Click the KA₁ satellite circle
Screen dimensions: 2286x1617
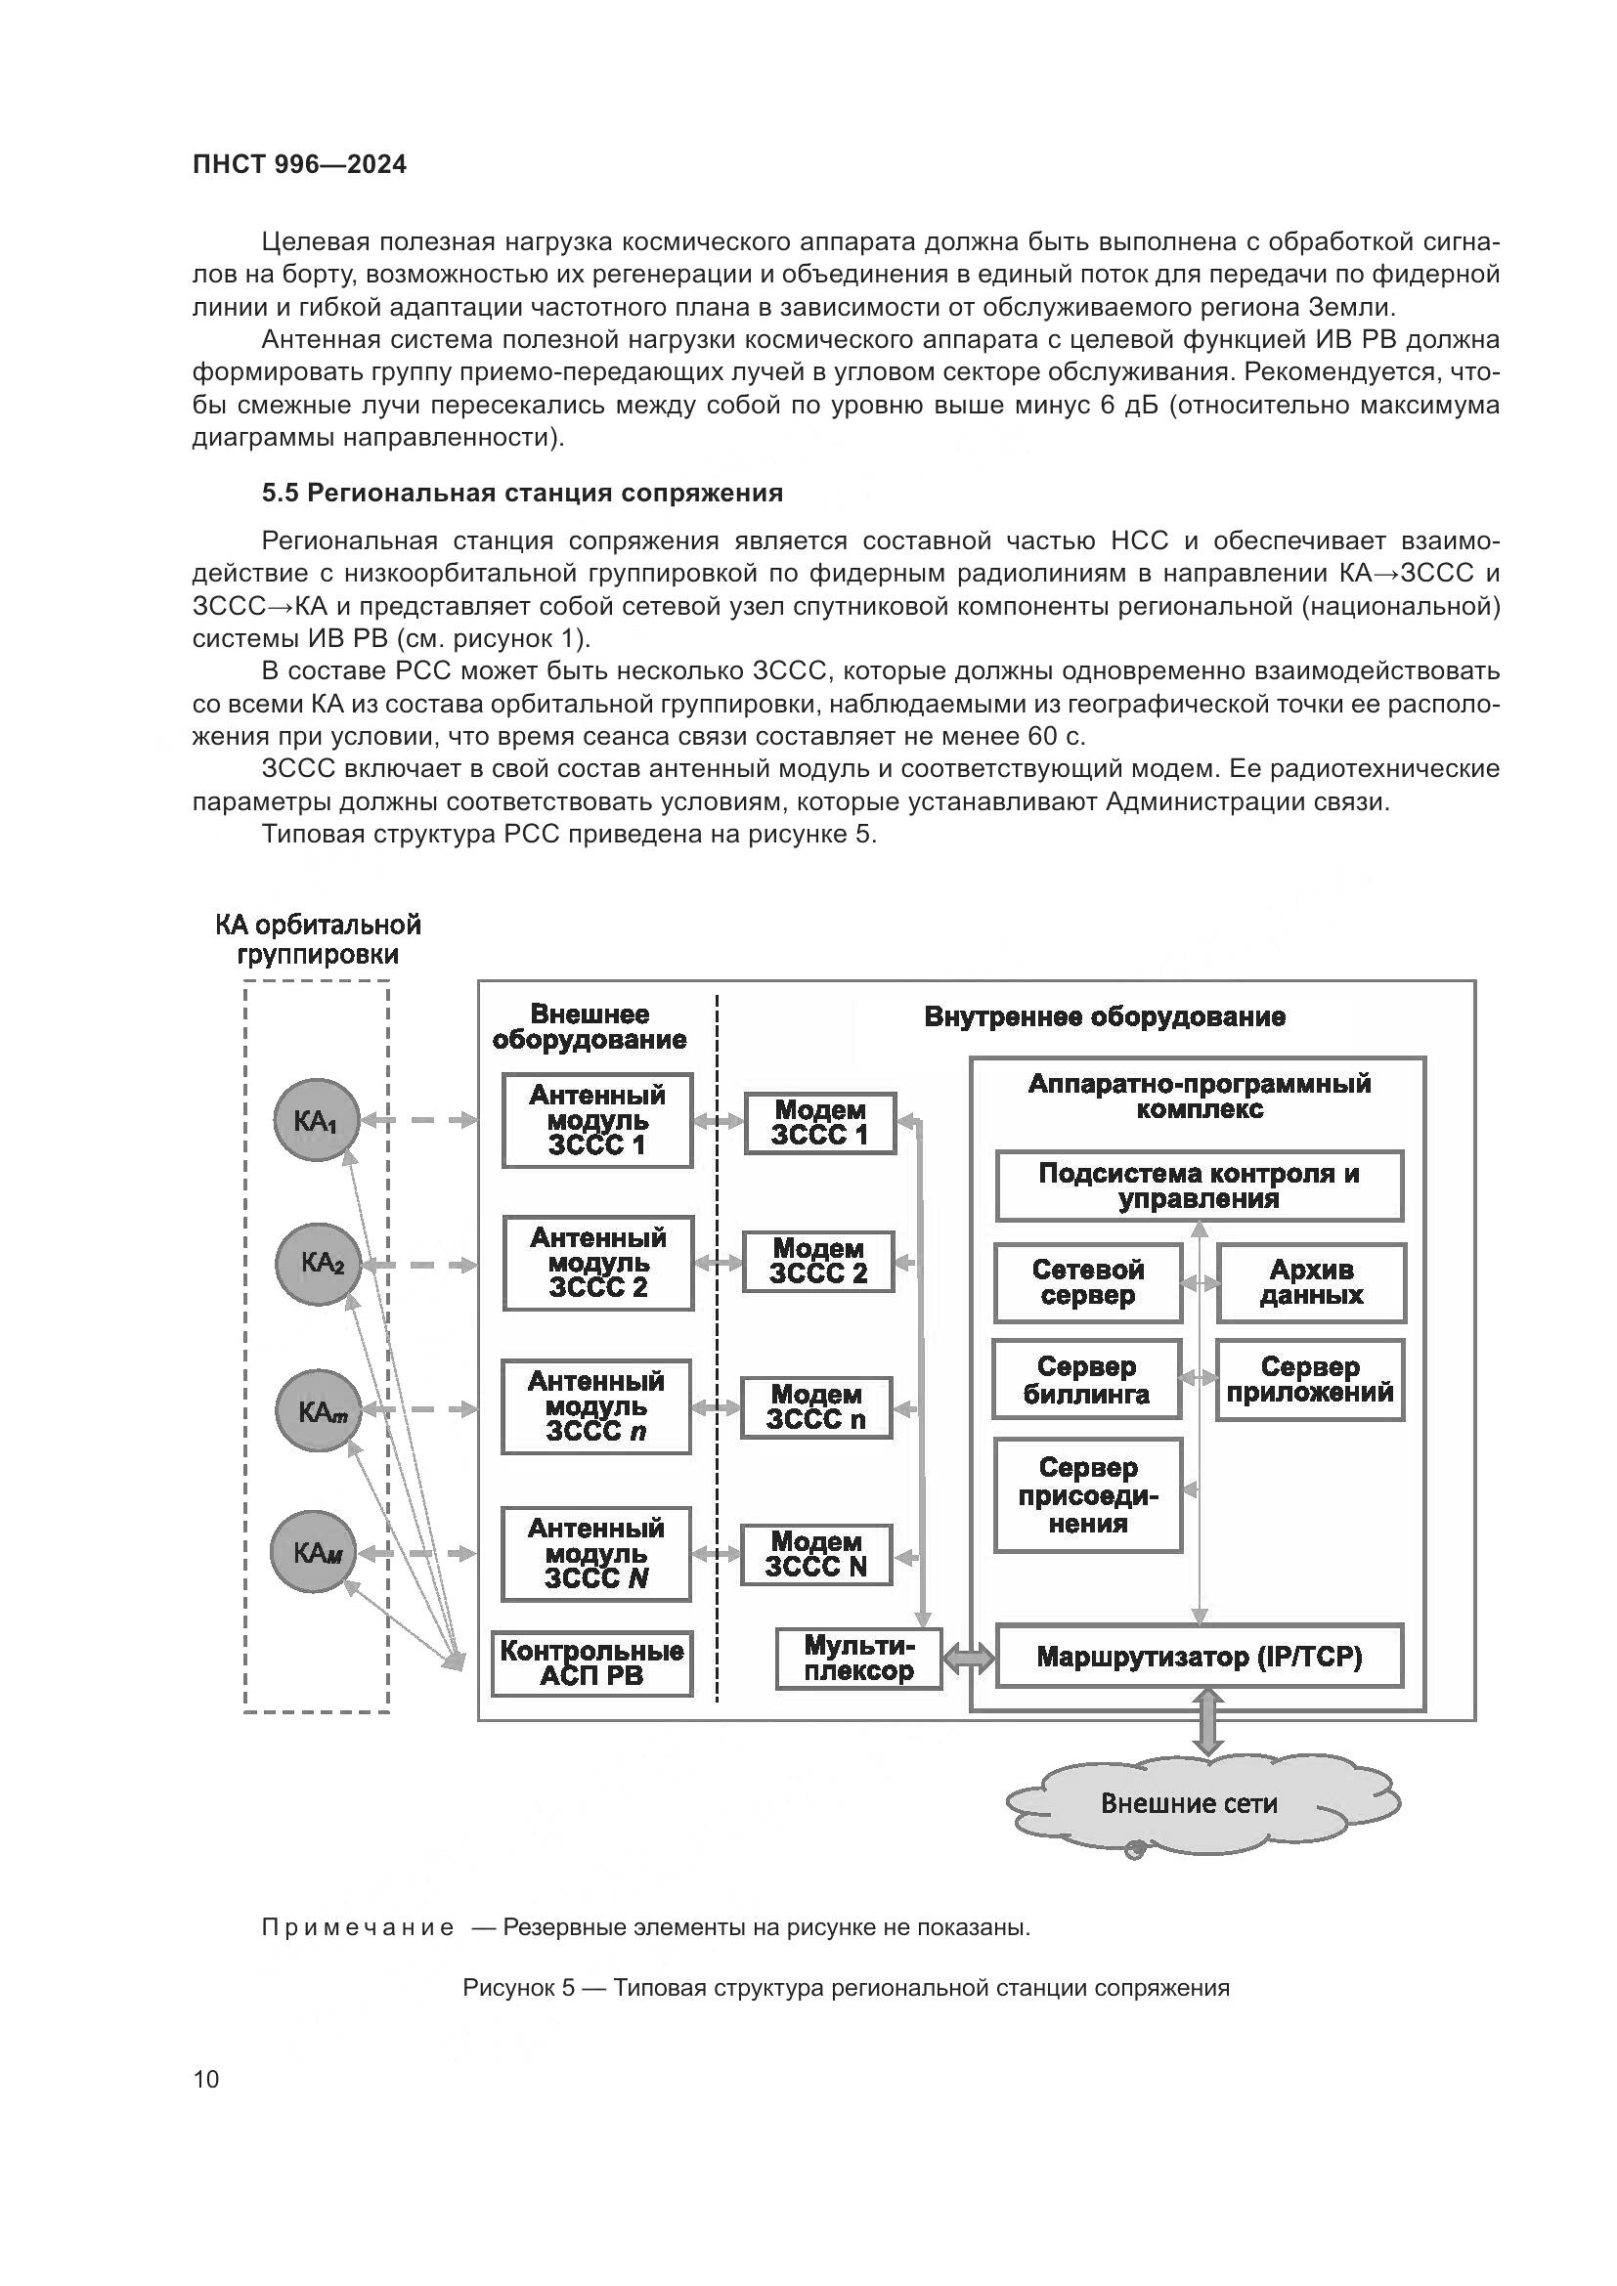click(x=317, y=1120)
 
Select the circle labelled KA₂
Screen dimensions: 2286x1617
click(x=318, y=1264)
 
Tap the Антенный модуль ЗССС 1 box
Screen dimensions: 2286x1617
click(x=596, y=1120)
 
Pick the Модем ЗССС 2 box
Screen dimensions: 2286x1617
click(x=817, y=1262)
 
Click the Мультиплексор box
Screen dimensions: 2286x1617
click(x=858, y=1659)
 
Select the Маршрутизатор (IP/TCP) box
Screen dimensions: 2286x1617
click(x=1199, y=1657)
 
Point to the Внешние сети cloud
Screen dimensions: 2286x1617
click(x=1191, y=1803)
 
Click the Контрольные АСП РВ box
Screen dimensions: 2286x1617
click(x=591, y=1662)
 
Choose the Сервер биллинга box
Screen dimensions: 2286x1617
click(x=1086, y=1379)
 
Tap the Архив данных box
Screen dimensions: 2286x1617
click(x=1310, y=1282)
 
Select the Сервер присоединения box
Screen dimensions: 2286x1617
click(x=1087, y=1494)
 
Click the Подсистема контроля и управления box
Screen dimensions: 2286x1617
click(x=1199, y=1186)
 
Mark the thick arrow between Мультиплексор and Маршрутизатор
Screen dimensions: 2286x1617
click(x=969, y=1659)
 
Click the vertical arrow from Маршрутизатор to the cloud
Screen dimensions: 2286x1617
click(x=1206, y=1722)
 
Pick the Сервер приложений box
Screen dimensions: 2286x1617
click(x=1309, y=1379)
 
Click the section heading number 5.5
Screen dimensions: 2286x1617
click(x=280, y=493)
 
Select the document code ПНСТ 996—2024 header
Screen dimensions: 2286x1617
click(x=300, y=165)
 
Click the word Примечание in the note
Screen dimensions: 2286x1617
click(x=358, y=1927)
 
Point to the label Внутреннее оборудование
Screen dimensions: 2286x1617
click(x=1104, y=1016)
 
